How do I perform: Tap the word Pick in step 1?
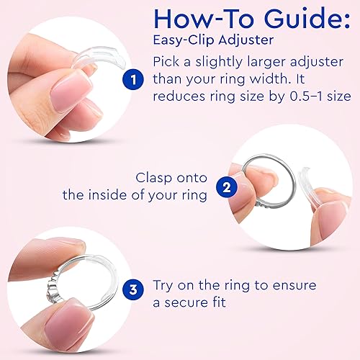tap(170, 63)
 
